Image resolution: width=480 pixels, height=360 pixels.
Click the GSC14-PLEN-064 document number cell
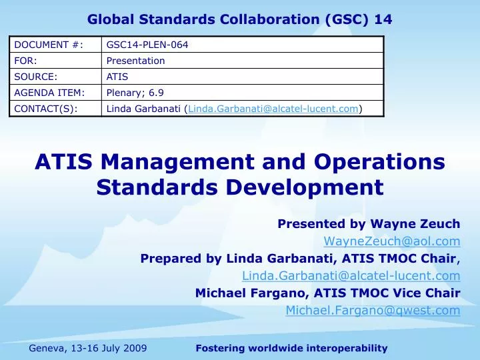tap(147, 45)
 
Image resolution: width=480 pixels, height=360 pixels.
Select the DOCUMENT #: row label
tap(39, 45)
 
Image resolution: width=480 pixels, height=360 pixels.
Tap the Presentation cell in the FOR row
tap(135, 61)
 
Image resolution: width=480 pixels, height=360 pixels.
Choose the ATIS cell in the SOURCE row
tap(117, 77)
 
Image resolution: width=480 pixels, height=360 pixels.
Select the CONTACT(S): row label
tap(45, 109)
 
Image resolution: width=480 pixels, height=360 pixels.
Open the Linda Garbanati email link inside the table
tap(273, 109)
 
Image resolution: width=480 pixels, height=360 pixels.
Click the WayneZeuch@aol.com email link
tap(392, 241)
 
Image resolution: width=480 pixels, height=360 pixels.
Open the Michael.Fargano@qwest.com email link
tap(373, 310)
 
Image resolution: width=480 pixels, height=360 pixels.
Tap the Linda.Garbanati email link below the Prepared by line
tap(351, 275)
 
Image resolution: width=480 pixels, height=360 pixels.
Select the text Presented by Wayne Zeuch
tap(369, 223)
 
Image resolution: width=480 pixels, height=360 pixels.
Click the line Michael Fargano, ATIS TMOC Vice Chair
tap(327, 293)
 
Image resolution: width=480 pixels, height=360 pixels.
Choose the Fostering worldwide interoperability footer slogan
tap(291, 348)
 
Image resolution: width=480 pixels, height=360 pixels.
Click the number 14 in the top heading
tap(383, 19)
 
